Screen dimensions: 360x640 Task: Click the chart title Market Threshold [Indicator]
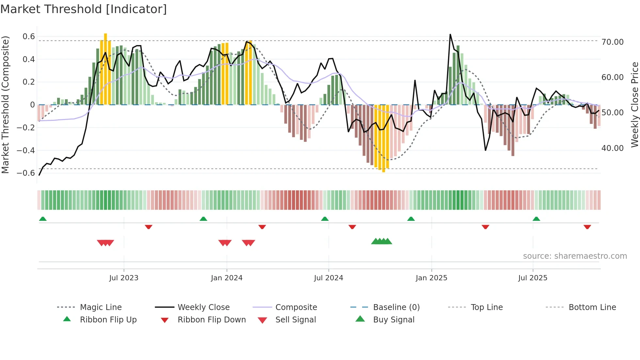coord(84,9)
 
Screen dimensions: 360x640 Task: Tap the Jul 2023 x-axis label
coord(124,278)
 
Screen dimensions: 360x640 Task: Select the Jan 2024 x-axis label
coord(227,278)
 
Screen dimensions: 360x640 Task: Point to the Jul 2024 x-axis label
coord(328,278)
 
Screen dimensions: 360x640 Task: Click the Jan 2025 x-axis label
coord(431,278)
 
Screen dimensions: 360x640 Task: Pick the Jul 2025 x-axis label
coord(533,278)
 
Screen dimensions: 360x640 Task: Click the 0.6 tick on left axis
coord(29,37)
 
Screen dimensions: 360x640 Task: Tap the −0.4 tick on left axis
coord(26,151)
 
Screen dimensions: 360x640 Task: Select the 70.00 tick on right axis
coord(613,42)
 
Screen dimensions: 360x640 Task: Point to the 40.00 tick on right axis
coord(613,148)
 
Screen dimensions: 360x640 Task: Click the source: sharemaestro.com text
coord(575,256)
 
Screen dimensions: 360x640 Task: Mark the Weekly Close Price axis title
coord(634,105)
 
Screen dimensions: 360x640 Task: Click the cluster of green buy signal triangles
coord(381,241)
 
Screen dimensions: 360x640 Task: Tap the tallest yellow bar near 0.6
coord(105,69)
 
